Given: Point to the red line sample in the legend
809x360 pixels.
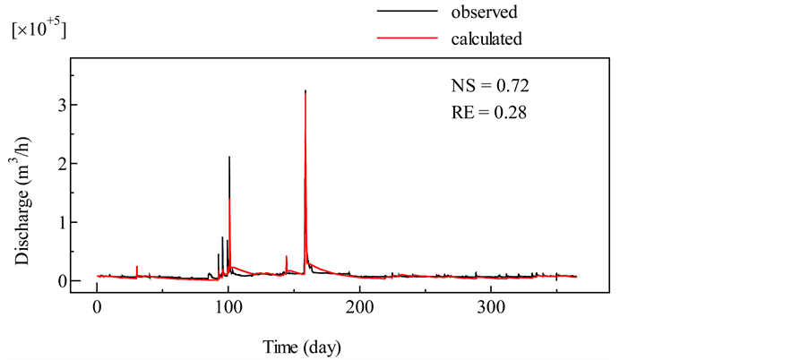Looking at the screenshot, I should pyautogui.click(x=407, y=39).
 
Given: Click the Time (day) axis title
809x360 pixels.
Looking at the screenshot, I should pyautogui.click(x=301, y=345).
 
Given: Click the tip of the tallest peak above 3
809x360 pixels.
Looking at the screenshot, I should pyautogui.click(x=306, y=90).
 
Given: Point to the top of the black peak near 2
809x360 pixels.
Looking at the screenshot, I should pyautogui.click(x=229, y=157).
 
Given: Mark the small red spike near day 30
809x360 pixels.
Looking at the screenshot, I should pyautogui.click(x=136, y=267).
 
